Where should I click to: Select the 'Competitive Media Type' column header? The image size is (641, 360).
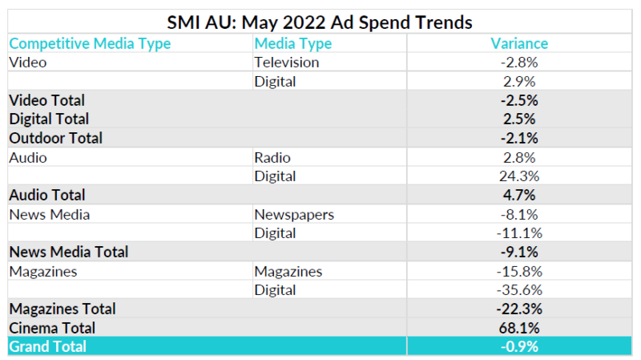point(90,43)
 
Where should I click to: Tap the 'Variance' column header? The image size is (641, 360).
point(519,43)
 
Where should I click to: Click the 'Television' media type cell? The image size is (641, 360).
point(286,63)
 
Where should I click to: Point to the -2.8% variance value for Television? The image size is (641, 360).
point(519,63)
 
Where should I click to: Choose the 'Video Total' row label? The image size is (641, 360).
point(46,100)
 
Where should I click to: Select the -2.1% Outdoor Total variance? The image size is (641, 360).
point(519,138)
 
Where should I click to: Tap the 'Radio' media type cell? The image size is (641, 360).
point(272,157)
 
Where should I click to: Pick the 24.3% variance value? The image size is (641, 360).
point(519,176)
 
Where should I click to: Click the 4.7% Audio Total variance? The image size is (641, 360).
point(519,195)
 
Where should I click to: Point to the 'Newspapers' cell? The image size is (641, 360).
point(294,214)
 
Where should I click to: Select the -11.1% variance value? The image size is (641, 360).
point(519,233)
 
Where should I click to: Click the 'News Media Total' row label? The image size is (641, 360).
point(68,252)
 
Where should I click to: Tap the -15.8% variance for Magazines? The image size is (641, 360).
point(519,271)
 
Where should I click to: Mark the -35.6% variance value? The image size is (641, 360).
point(519,289)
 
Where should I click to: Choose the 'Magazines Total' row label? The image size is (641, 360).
point(62,309)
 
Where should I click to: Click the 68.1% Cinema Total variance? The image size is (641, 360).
point(519,327)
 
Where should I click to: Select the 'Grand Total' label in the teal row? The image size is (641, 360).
point(47,346)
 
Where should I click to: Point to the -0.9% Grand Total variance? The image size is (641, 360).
point(519,346)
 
